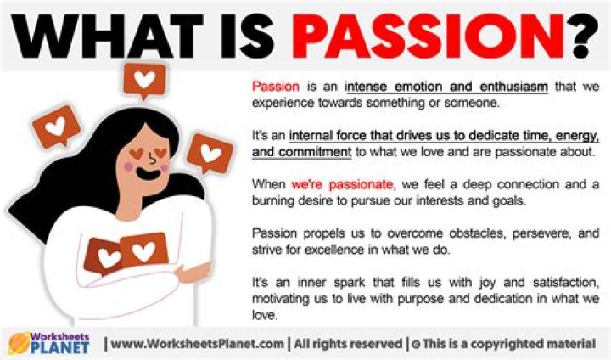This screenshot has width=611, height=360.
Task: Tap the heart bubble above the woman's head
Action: pos(146,81)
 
